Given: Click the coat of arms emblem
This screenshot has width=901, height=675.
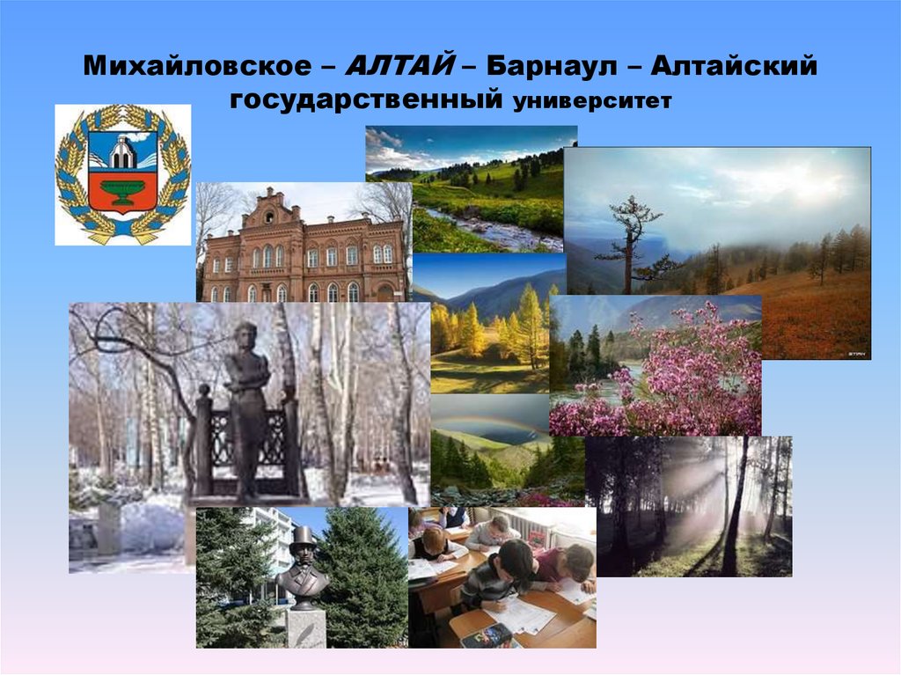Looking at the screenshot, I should pos(122,174).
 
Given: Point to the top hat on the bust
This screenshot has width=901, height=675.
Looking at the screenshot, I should pos(302,537).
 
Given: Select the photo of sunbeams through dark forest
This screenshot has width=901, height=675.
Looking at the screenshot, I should pos(691,506).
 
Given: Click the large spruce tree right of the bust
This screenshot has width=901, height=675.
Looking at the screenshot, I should pos(365,572).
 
